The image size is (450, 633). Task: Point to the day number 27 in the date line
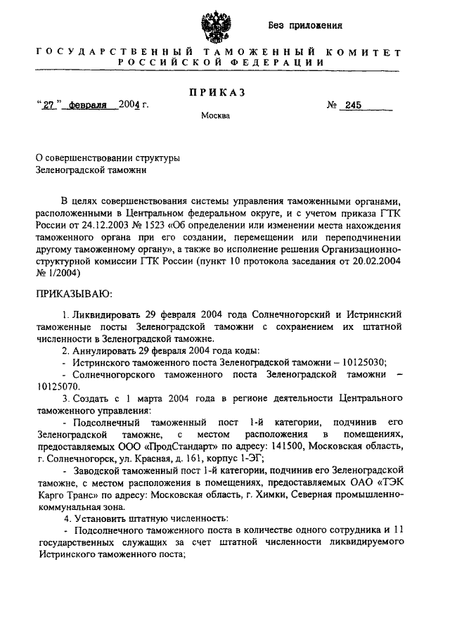pos(49,106)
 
